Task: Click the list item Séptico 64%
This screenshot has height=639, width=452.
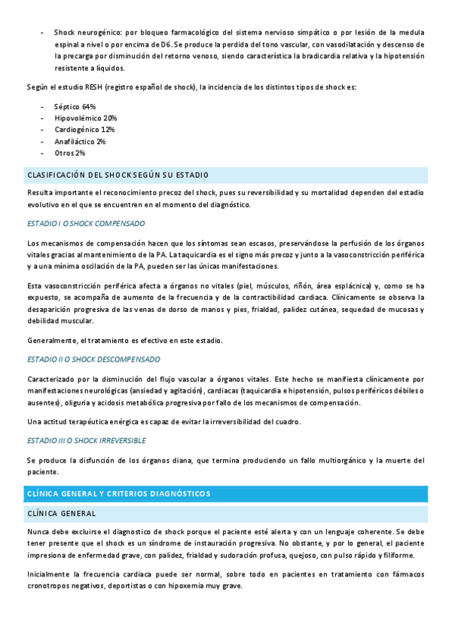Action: coord(75,107)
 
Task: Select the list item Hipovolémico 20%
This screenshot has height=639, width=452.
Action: coord(85,118)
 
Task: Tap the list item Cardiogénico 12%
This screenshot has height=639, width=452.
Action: coord(84,130)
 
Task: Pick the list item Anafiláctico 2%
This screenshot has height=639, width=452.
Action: coord(80,141)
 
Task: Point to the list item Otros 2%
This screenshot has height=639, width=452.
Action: coord(69,153)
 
